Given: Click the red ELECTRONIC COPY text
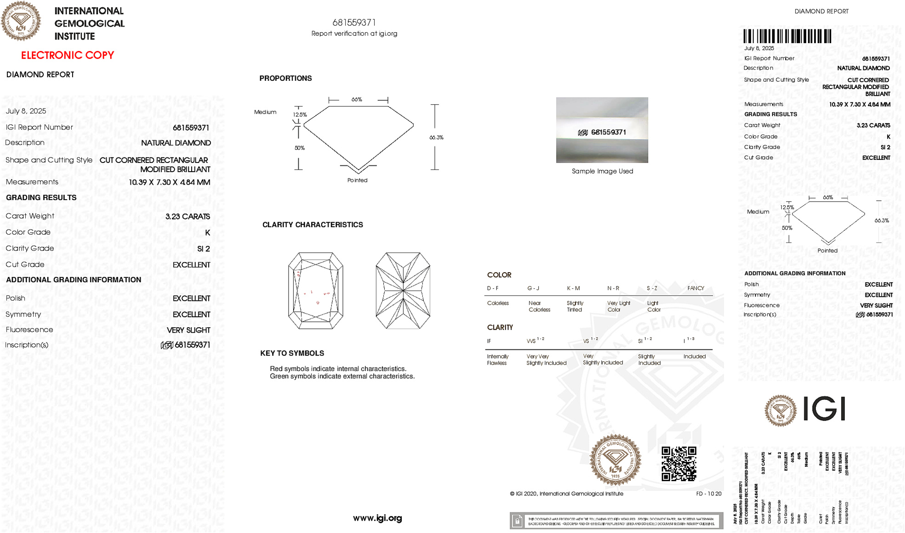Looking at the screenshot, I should tap(68, 55).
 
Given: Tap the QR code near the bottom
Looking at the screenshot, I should tap(678, 464).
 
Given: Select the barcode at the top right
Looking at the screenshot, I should tap(787, 36).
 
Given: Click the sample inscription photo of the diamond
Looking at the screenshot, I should tap(602, 130).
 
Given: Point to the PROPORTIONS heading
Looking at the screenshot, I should tap(285, 79).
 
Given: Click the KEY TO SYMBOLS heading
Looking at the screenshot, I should tap(292, 353).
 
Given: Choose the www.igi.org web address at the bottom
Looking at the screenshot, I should tap(377, 518).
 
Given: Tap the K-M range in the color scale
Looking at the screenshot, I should tap(573, 288).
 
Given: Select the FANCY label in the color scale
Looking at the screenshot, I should tap(695, 288).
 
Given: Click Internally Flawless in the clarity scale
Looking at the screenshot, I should tap(497, 359).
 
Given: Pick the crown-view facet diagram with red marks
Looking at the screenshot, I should tap(315, 291).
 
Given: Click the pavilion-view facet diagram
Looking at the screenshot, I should tap(403, 291).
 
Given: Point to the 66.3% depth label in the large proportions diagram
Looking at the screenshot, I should tap(436, 137).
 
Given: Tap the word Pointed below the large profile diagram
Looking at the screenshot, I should tap(357, 180).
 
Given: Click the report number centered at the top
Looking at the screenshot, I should tap(354, 22).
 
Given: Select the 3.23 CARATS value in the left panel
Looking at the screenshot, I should tap(188, 216).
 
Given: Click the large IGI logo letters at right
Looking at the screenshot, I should tap(824, 409).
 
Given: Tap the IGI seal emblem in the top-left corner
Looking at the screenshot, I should tap(21, 21).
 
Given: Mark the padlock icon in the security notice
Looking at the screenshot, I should tap(517, 521).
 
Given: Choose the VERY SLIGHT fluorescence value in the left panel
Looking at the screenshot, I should tap(188, 330).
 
